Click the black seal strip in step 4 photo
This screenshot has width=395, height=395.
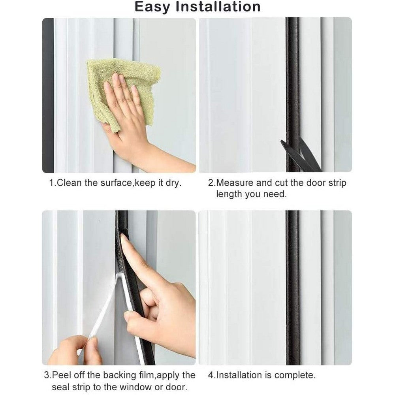tap(293, 288)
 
